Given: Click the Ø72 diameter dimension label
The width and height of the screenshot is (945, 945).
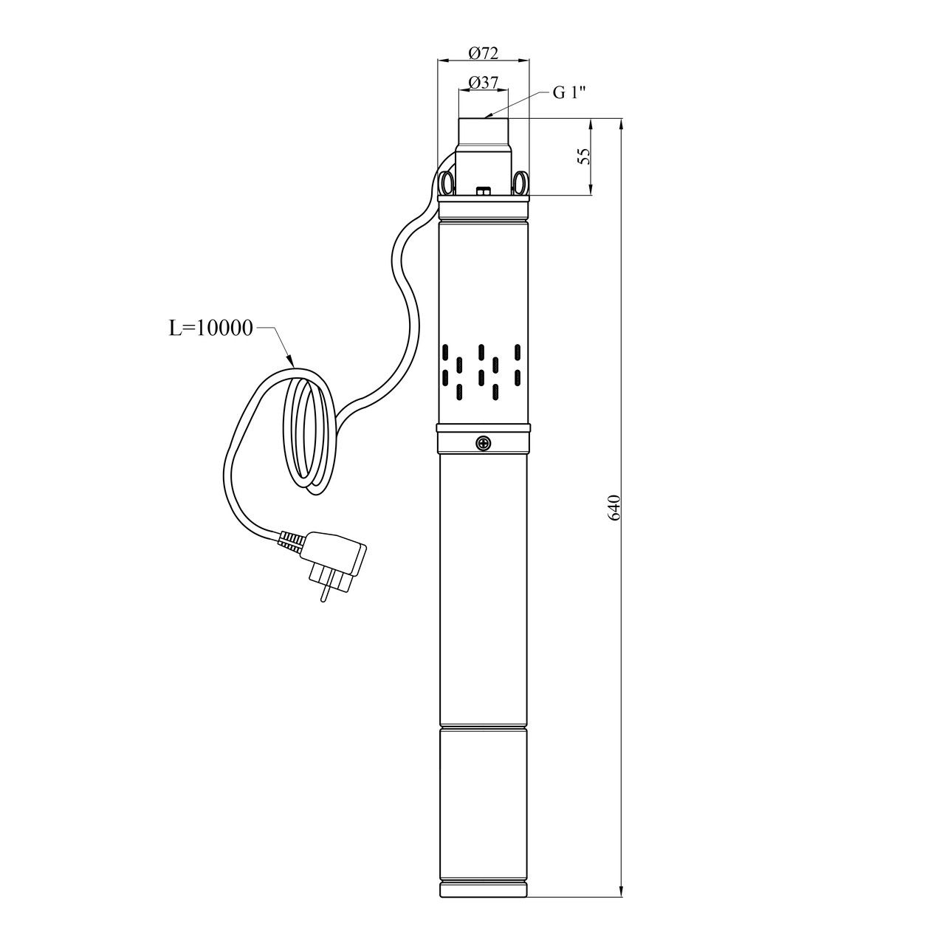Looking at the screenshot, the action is point(483,52).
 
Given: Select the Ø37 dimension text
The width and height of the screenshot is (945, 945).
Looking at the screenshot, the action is point(483,83).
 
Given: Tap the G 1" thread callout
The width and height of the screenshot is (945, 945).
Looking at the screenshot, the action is point(569,92).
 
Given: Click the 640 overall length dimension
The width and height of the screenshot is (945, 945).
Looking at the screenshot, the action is point(614,507).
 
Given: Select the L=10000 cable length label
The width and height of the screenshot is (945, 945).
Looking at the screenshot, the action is point(211,328).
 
